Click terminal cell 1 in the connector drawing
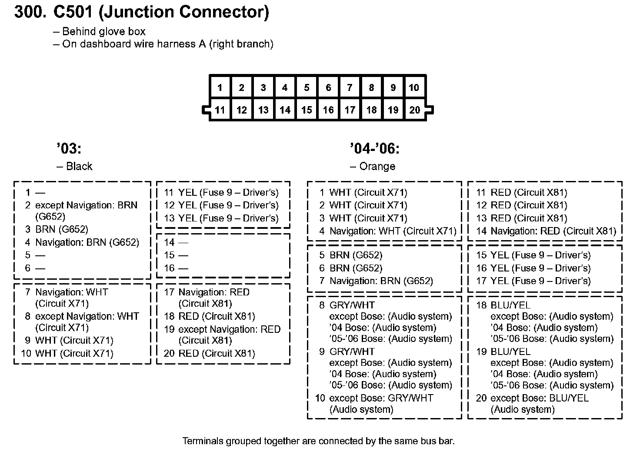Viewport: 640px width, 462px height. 220,87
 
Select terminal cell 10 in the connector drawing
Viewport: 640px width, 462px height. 414,87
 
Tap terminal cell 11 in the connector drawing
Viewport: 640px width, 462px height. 220,110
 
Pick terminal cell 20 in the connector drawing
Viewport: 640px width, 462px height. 415,110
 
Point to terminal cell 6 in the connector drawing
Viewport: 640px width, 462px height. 328,87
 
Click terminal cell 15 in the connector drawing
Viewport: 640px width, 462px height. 307,110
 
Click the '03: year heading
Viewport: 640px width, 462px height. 69,149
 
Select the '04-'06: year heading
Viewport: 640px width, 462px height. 375,149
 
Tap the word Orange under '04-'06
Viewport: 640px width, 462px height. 377,166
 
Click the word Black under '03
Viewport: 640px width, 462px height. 79,166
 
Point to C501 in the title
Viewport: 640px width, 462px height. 73,12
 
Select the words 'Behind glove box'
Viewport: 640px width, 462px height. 104,31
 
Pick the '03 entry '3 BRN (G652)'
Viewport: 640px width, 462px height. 57,229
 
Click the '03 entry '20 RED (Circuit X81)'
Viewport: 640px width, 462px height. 210,353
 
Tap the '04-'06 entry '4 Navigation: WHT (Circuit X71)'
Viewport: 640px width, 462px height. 388,231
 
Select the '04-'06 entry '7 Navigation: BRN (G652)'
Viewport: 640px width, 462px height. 376,281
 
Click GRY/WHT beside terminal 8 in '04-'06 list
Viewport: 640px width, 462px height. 352,305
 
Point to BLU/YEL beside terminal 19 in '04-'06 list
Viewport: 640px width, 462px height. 510,352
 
